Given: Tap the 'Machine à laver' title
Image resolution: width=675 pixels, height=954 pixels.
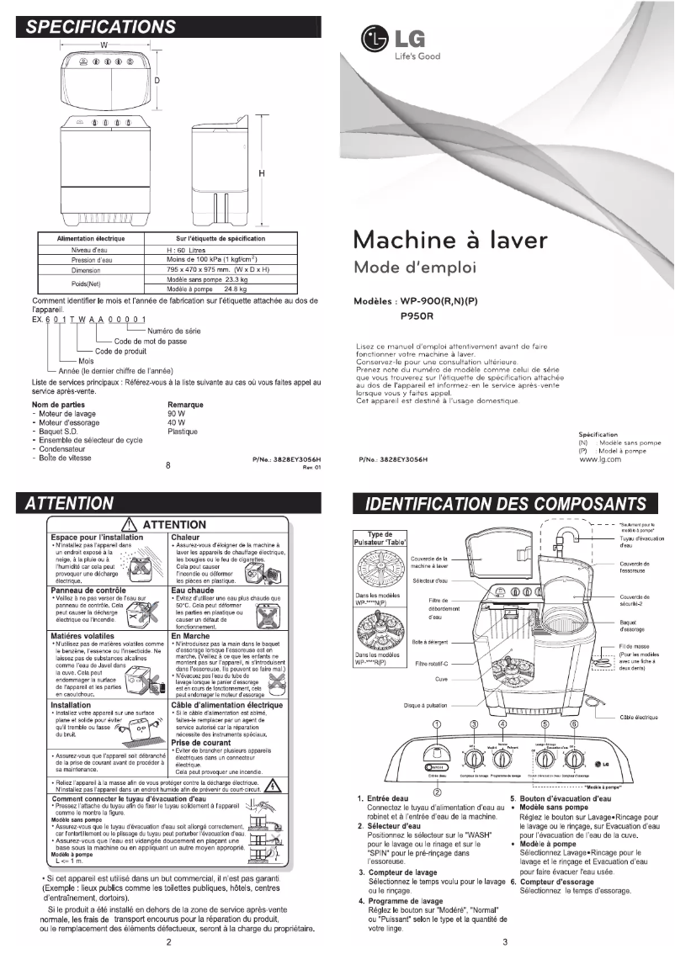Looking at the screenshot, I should pos(451,240).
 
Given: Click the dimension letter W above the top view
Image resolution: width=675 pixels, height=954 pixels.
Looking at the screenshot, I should pos(104,44).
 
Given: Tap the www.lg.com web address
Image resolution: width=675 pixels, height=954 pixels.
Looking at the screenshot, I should pos(600,459).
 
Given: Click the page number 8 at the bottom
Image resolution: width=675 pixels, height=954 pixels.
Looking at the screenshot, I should pos(168,464).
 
